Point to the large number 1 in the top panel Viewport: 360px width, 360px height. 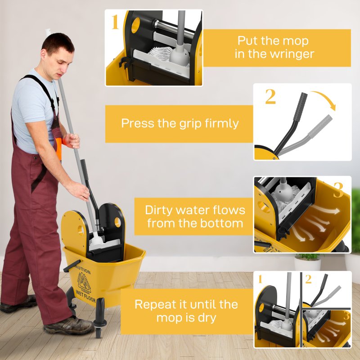pyautogui.click(x=115, y=22)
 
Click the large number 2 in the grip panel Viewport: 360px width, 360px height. pyautogui.click(x=270, y=96)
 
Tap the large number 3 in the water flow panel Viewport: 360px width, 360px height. pyautogui.click(x=338, y=191)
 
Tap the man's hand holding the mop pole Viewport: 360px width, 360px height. pyautogui.click(x=72, y=140)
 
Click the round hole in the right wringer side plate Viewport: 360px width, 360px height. pyautogui.click(x=117, y=221)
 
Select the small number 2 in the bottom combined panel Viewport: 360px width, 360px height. pyautogui.click(x=308, y=279)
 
